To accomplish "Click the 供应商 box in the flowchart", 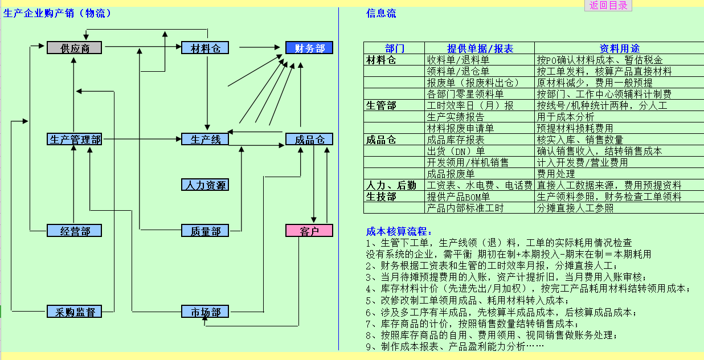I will (x=74, y=48).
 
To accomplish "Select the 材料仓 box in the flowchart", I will (x=205, y=48).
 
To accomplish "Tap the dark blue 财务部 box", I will (x=309, y=48).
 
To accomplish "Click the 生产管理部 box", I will (x=75, y=139).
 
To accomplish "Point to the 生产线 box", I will (x=205, y=139).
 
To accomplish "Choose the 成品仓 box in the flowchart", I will (x=309, y=139).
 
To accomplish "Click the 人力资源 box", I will (x=205, y=185).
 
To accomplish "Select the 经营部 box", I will (x=74, y=231).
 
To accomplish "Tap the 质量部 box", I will (x=205, y=231).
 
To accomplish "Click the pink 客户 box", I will (x=309, y=231).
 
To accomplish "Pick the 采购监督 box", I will (x=74, y=312).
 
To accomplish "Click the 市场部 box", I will (x=205, y=312).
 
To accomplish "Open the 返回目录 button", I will (x=608, y=5).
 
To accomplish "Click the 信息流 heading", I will (x=381, y=14).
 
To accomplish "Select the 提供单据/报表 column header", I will (x=480, y=48).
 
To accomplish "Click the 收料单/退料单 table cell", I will (x=458, y=60).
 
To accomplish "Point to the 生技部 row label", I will (x=380, y=197).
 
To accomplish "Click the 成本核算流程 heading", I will (x=399, y=231).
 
